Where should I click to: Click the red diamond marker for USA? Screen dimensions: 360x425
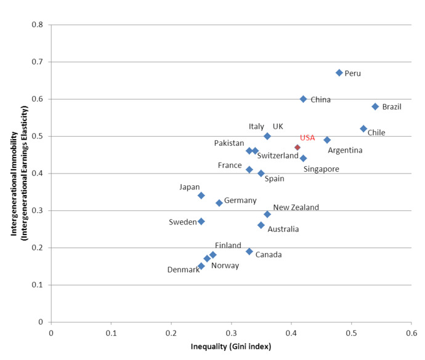coord(297,148)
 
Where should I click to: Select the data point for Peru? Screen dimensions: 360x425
coord(339,73)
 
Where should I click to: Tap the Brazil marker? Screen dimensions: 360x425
coord(375,106)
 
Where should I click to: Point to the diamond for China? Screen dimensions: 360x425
coord(303,99)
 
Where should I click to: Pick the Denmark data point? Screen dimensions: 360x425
coord(201,266)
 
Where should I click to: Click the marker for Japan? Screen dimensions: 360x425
coord(201,196)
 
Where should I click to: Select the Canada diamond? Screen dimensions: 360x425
coord(249,252)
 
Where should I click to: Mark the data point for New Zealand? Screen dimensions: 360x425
coord(267,214)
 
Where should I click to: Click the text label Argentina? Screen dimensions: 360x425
coord(345,150)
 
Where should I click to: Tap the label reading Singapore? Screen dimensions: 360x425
coord(321,169)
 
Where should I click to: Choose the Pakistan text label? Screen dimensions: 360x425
coord(229,143)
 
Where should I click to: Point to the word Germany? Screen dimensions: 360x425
coord(240,201)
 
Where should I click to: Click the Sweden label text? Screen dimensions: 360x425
coord(182,222)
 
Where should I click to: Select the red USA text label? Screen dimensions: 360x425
coord(307,138)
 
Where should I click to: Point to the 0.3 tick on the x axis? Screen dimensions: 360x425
coord(232,333)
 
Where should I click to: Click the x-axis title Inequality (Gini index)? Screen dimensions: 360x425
coord(231,346)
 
